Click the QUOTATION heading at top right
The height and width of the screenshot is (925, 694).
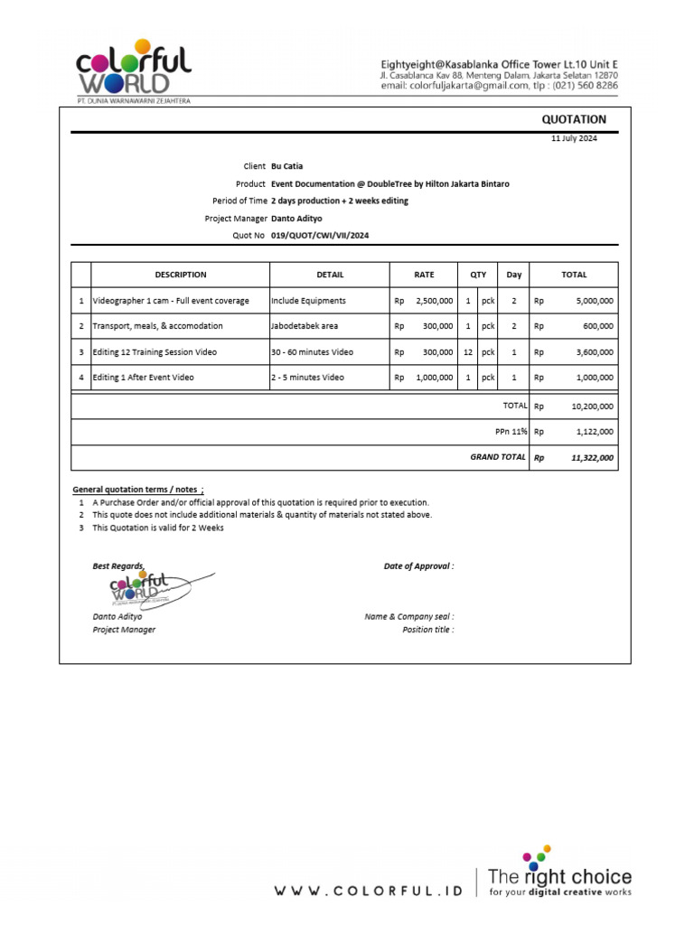click(x=574, y=119)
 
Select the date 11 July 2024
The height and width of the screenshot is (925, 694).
click(x=574, y=138)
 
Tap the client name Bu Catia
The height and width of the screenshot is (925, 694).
click(x=286, y=166)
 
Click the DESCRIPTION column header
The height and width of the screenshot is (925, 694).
click(x=181, y=275)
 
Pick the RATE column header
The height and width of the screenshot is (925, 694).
click(x=424, y=275)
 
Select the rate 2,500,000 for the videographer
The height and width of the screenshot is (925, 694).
click(x=434, y=301)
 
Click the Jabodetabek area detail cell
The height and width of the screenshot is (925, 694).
click(x=305, y=326)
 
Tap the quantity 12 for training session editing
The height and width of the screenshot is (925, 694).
click(x=468, y=351)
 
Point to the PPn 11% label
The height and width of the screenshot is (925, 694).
click(x=511, y=432)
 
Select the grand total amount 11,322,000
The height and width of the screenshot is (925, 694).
click(x=592, y=458)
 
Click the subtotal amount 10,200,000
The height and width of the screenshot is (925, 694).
click(x=592, y=406)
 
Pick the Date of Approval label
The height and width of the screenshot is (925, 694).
click(x=418, y=566)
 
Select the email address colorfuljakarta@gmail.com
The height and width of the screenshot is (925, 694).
click(x=479, y=86)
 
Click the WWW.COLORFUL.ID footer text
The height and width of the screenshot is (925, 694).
click(x=368, y=891)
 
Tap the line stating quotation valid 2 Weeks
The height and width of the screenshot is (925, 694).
click(x=158, y=528)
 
